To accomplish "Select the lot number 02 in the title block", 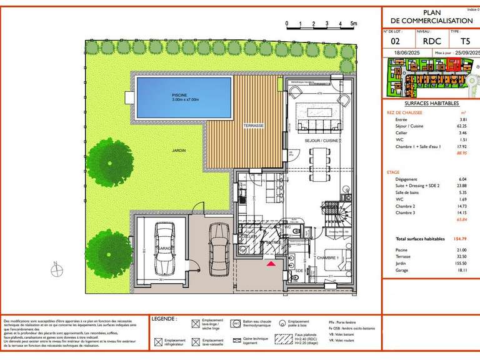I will (x=395, y=42).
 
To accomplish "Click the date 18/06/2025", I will (x=400, y=54).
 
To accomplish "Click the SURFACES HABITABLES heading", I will (x=431, y=104).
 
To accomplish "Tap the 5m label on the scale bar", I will (x=354, y=23).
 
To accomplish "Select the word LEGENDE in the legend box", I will (x=164, y=319).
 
